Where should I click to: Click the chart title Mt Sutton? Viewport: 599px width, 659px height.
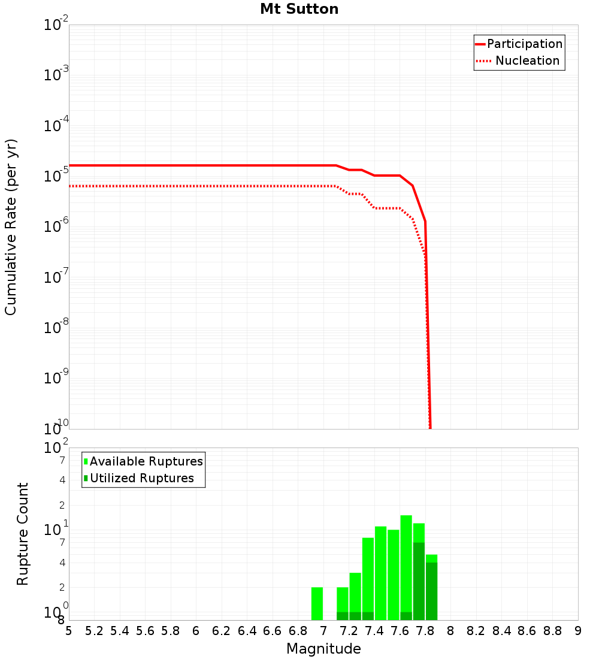[x=299, y=10]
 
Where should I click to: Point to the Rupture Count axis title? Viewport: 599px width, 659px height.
[x=23, y=533]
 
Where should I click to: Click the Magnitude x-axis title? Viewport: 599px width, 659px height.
[x=323, y=649]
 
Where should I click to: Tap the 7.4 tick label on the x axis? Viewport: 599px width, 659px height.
[x=374, y=631]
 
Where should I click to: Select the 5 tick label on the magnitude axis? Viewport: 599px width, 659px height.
[x=69, y=631]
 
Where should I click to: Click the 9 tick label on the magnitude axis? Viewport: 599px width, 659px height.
[x=577, y=631]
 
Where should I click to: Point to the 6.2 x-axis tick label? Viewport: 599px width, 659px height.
[x=222, y=631]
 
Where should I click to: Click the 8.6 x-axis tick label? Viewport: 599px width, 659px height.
[x=527, y=631]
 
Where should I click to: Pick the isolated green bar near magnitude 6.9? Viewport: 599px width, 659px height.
[x=317, y=603]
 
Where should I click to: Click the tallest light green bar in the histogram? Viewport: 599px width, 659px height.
[x=406, y=566]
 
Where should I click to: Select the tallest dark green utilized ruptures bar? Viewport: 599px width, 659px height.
[x=419, y=581]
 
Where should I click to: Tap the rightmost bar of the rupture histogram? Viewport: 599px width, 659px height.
[x=431, y=590]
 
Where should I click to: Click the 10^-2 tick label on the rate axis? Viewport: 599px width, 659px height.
[x=56, y=26]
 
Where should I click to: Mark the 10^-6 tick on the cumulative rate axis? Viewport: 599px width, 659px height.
[x=56, y=227]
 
